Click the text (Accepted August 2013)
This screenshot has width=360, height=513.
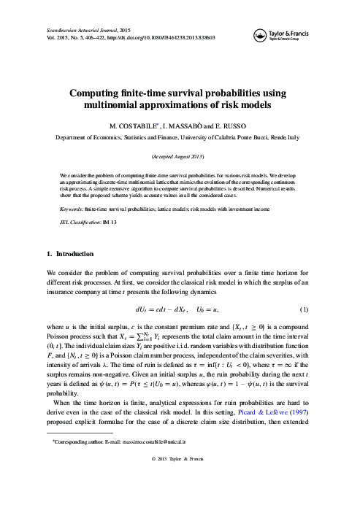(x=180, y=158)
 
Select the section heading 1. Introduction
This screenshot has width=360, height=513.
(x=65, y=253)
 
